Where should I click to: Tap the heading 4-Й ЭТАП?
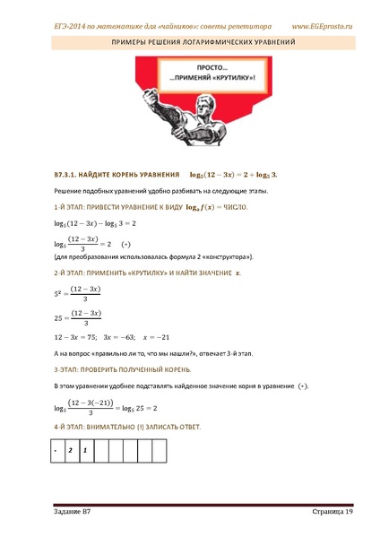pos(71,429)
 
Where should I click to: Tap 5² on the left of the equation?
pos(59,291)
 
